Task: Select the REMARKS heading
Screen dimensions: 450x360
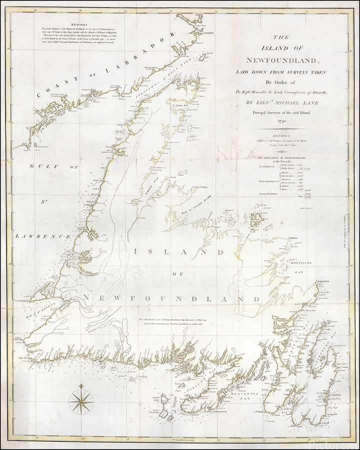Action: click(79, 23)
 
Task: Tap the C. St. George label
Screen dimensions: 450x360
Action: click(23, 300)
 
